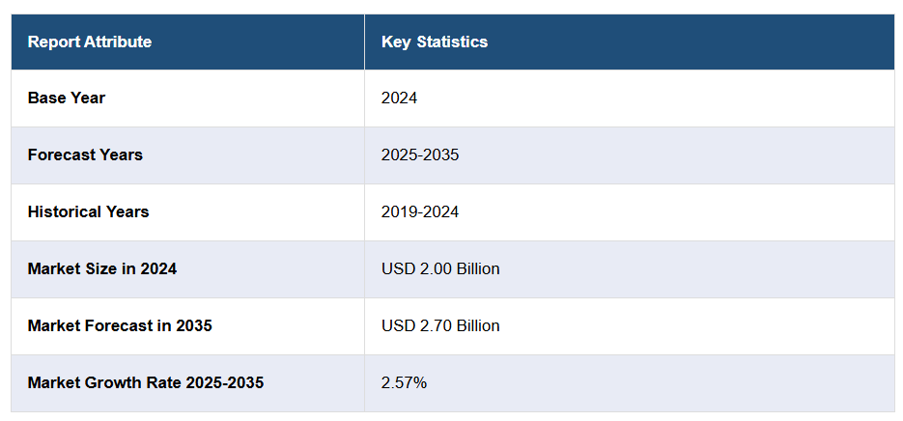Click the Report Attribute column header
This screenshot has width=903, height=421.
(x=90, y=42)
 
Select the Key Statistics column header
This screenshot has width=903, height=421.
(x=435, y=42)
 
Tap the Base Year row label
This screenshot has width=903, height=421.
(x=67, y=98)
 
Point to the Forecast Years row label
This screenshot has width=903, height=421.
(x=85, y=154)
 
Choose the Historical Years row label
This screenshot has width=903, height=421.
(x=89, y=211)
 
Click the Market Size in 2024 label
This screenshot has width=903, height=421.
(x=102, y=268)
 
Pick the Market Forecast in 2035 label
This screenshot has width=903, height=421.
(x=120, y=325)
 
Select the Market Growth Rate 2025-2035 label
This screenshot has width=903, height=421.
(x=146, y=382)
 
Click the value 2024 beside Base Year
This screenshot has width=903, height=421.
(x=400, y=98)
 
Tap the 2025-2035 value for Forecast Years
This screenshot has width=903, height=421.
(x=420, y=154)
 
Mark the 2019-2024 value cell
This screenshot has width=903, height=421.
(x=420, y=211)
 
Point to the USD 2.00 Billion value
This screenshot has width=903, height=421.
(x=440, y=268)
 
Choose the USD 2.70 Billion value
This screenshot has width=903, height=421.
(x=440, y=325)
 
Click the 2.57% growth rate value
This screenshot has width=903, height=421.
(x=405, y=382)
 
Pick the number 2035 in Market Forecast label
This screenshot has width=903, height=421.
(x=194, y=325)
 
